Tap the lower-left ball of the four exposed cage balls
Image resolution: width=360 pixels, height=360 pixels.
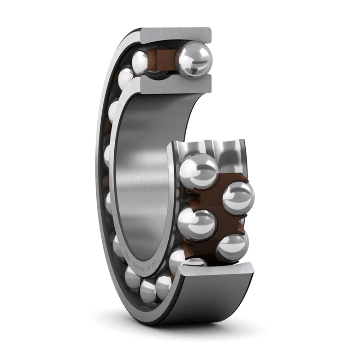196,224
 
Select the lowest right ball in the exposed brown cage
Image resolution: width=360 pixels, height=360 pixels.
233,248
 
